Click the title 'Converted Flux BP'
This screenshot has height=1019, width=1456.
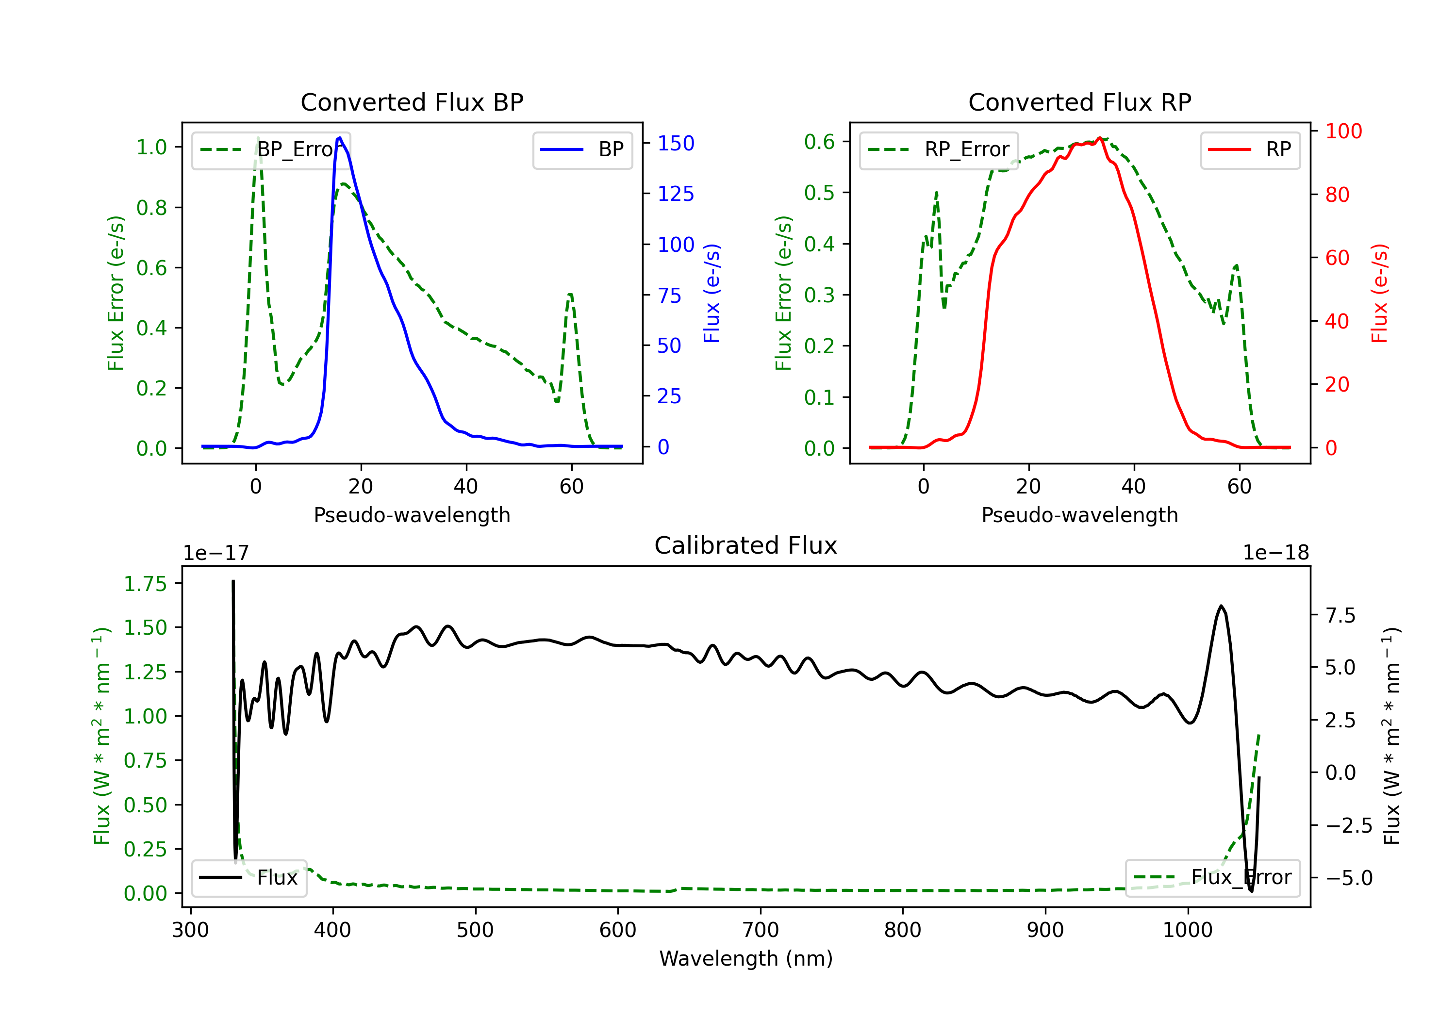412,102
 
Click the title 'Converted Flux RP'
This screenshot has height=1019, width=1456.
1080,102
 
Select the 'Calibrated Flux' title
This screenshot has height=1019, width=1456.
746,545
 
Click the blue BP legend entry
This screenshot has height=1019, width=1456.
582,149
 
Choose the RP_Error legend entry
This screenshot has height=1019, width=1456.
939,149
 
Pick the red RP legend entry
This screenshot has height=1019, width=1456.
1250,149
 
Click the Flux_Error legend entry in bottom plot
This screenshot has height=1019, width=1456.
1212,878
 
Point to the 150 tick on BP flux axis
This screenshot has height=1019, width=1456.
676,143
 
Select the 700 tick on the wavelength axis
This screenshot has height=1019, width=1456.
761,930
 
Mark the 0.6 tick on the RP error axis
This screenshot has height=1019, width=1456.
819,141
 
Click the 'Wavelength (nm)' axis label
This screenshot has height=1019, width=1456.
746,958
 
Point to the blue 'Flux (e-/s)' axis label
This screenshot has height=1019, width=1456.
711,294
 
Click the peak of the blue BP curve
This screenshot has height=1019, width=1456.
340,138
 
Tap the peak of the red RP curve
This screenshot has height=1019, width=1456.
1100,138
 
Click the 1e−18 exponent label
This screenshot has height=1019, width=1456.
1276,553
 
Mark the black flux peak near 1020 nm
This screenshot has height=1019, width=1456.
1221,606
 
